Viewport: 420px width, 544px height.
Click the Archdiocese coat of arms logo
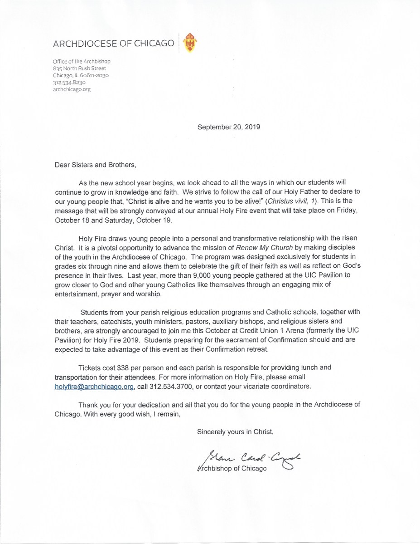(x=190, y=43)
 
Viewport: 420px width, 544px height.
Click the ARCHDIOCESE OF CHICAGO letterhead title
(x=113, y=44)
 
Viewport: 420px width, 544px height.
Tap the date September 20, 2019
(x=229, y=127)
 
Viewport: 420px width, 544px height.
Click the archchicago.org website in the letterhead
(x=72, y=89)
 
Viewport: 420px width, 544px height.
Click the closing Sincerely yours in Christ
(x=235, y=431)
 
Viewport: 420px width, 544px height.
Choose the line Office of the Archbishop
(x=82, y=61)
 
